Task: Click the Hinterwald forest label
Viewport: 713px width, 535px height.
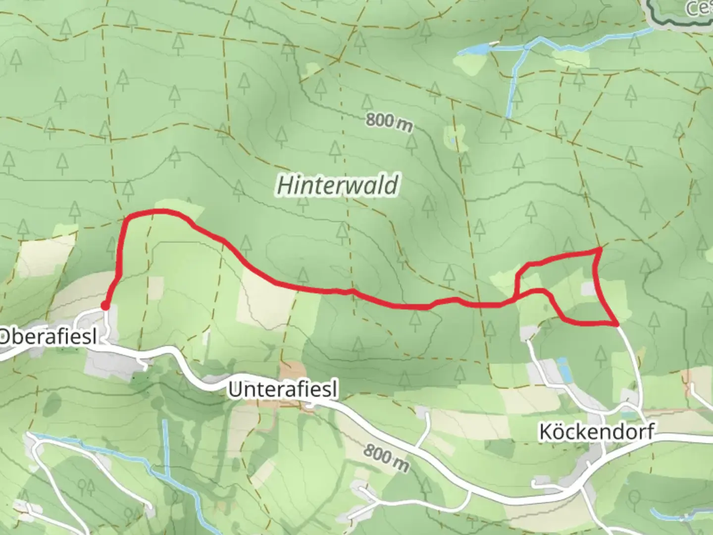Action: click(338, 186)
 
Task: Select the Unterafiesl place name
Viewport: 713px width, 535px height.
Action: click(283, 390)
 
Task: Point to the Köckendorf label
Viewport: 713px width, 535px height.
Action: click(596, 431)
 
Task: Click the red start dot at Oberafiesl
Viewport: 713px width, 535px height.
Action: click(105, 306)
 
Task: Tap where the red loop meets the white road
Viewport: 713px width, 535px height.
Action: click(616, 324)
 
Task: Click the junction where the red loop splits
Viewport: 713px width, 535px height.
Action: click(517, 297)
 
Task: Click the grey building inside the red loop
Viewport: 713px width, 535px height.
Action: click(588, 289)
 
